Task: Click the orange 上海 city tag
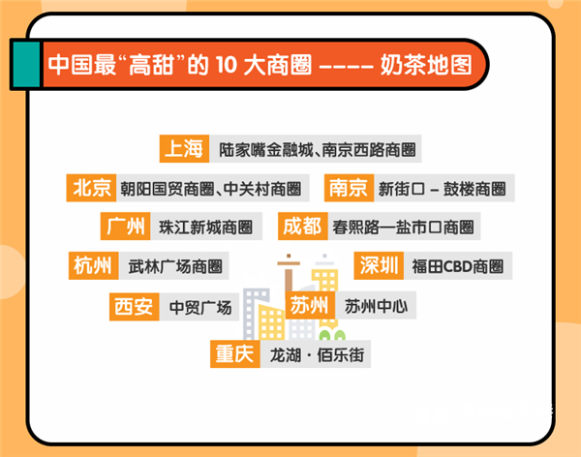coord(184,149)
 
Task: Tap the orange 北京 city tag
coord(90,188)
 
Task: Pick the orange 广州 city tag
coord(126,227)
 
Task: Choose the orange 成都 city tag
coord(301,227)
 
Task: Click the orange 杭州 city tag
coord(90,264)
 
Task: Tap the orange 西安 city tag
coord(133,308)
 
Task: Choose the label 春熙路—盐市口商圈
coord(402,228)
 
